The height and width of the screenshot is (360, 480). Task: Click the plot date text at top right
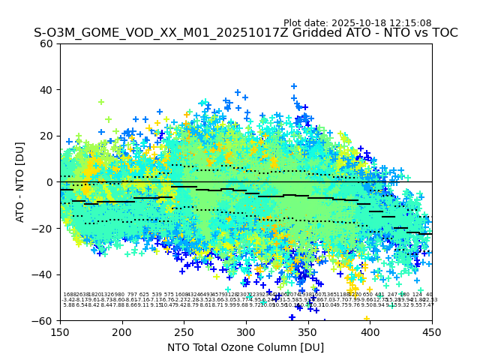[357, 23]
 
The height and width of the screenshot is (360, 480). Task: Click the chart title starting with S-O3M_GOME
[245, 34]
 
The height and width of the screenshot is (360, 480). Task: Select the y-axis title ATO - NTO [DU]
[20, 182]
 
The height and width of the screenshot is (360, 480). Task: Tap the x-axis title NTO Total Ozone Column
[245, 347]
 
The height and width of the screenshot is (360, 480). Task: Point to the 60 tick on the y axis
[47, 43]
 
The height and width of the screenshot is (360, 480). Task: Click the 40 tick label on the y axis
[47, 90]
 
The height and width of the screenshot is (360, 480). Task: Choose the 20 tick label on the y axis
[47, 136]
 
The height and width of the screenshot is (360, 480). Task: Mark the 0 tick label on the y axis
[50, 182]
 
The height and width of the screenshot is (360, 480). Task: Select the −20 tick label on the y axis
[44, 228]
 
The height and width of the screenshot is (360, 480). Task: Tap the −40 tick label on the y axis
[44, 274]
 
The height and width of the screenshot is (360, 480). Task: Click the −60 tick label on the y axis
[44, 320]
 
